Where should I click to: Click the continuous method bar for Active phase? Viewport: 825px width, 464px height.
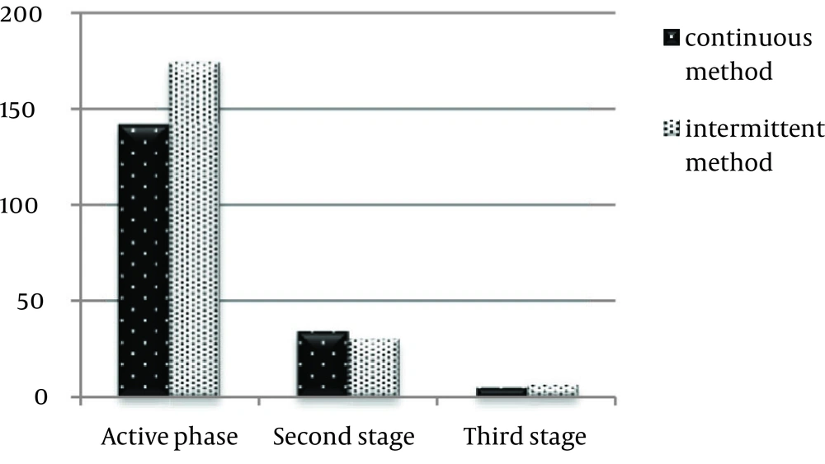pos(144,260)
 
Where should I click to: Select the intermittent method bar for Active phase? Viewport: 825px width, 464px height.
pos(194,228)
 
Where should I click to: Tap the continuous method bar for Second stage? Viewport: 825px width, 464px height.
pos(323,363)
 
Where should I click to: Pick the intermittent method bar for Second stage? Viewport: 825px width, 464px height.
pos(374,368)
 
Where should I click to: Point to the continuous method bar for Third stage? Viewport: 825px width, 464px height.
pos(502,391)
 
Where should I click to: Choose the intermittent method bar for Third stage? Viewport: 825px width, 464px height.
pos(553,391)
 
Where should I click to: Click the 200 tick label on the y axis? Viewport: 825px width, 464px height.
pos(21,14)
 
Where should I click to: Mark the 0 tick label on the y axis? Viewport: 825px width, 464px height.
pos(40,396)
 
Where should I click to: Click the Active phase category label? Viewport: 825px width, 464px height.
pos(169,437)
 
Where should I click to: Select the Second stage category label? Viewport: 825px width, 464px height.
pos(343,437)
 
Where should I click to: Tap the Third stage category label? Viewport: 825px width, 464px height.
pos(525,437)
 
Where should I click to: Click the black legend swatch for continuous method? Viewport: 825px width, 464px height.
pos(672,38)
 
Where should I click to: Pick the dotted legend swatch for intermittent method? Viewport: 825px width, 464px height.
pos(672,129)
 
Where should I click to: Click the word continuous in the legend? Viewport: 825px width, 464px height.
pos(749,38)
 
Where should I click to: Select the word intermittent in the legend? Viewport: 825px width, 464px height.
pos(755,129)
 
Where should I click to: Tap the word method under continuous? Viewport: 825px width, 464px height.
pos(728,71)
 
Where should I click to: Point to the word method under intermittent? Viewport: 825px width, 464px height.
pos(728,162)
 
